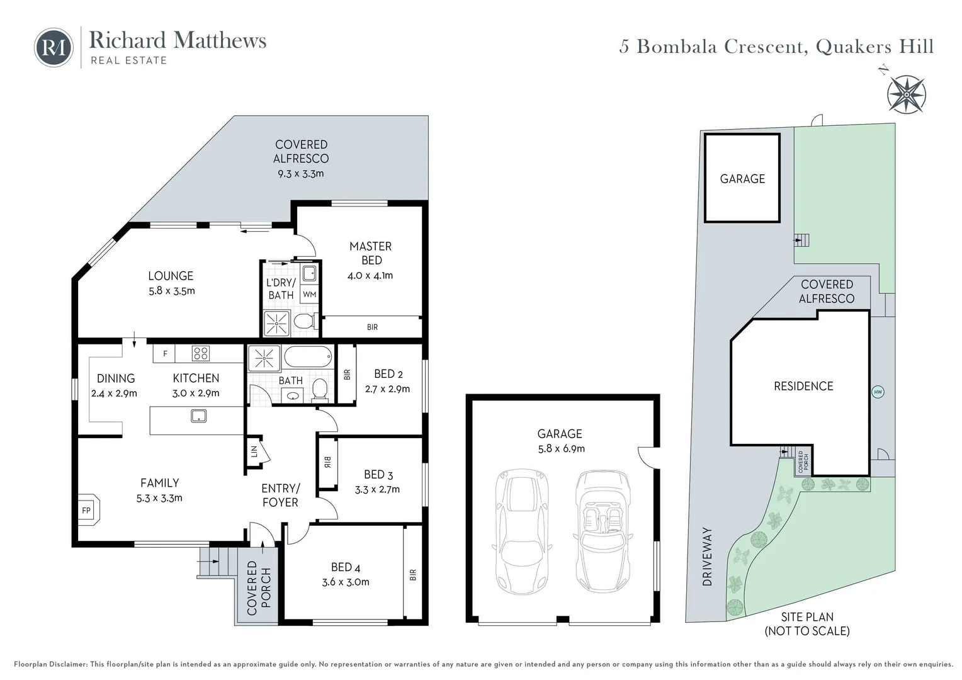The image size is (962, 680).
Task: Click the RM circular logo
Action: coord(54,47)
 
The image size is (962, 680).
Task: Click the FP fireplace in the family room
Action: coord(86,509)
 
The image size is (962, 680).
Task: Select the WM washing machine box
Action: coord(309,294)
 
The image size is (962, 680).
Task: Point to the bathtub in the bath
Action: coord(307,358)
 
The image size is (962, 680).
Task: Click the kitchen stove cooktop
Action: coord(200,353)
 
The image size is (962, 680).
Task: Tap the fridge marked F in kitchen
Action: coord(165,354)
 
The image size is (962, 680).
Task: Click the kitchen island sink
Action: coord(198,416)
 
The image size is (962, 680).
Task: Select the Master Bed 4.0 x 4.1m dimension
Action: coord(370,275)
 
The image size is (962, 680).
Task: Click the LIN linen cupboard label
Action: coord(254,451)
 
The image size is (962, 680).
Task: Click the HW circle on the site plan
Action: coord(878,392)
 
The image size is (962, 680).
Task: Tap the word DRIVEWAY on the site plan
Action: coord(707,557)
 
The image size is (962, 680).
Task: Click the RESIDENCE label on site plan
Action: coord(803,386)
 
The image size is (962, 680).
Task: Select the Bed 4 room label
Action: coord(345,567)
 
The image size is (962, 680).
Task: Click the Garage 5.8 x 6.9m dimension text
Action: coord(560,448)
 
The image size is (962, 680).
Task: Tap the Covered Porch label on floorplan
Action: coord(259,587)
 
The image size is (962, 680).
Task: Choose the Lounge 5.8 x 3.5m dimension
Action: coord(171,291)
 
